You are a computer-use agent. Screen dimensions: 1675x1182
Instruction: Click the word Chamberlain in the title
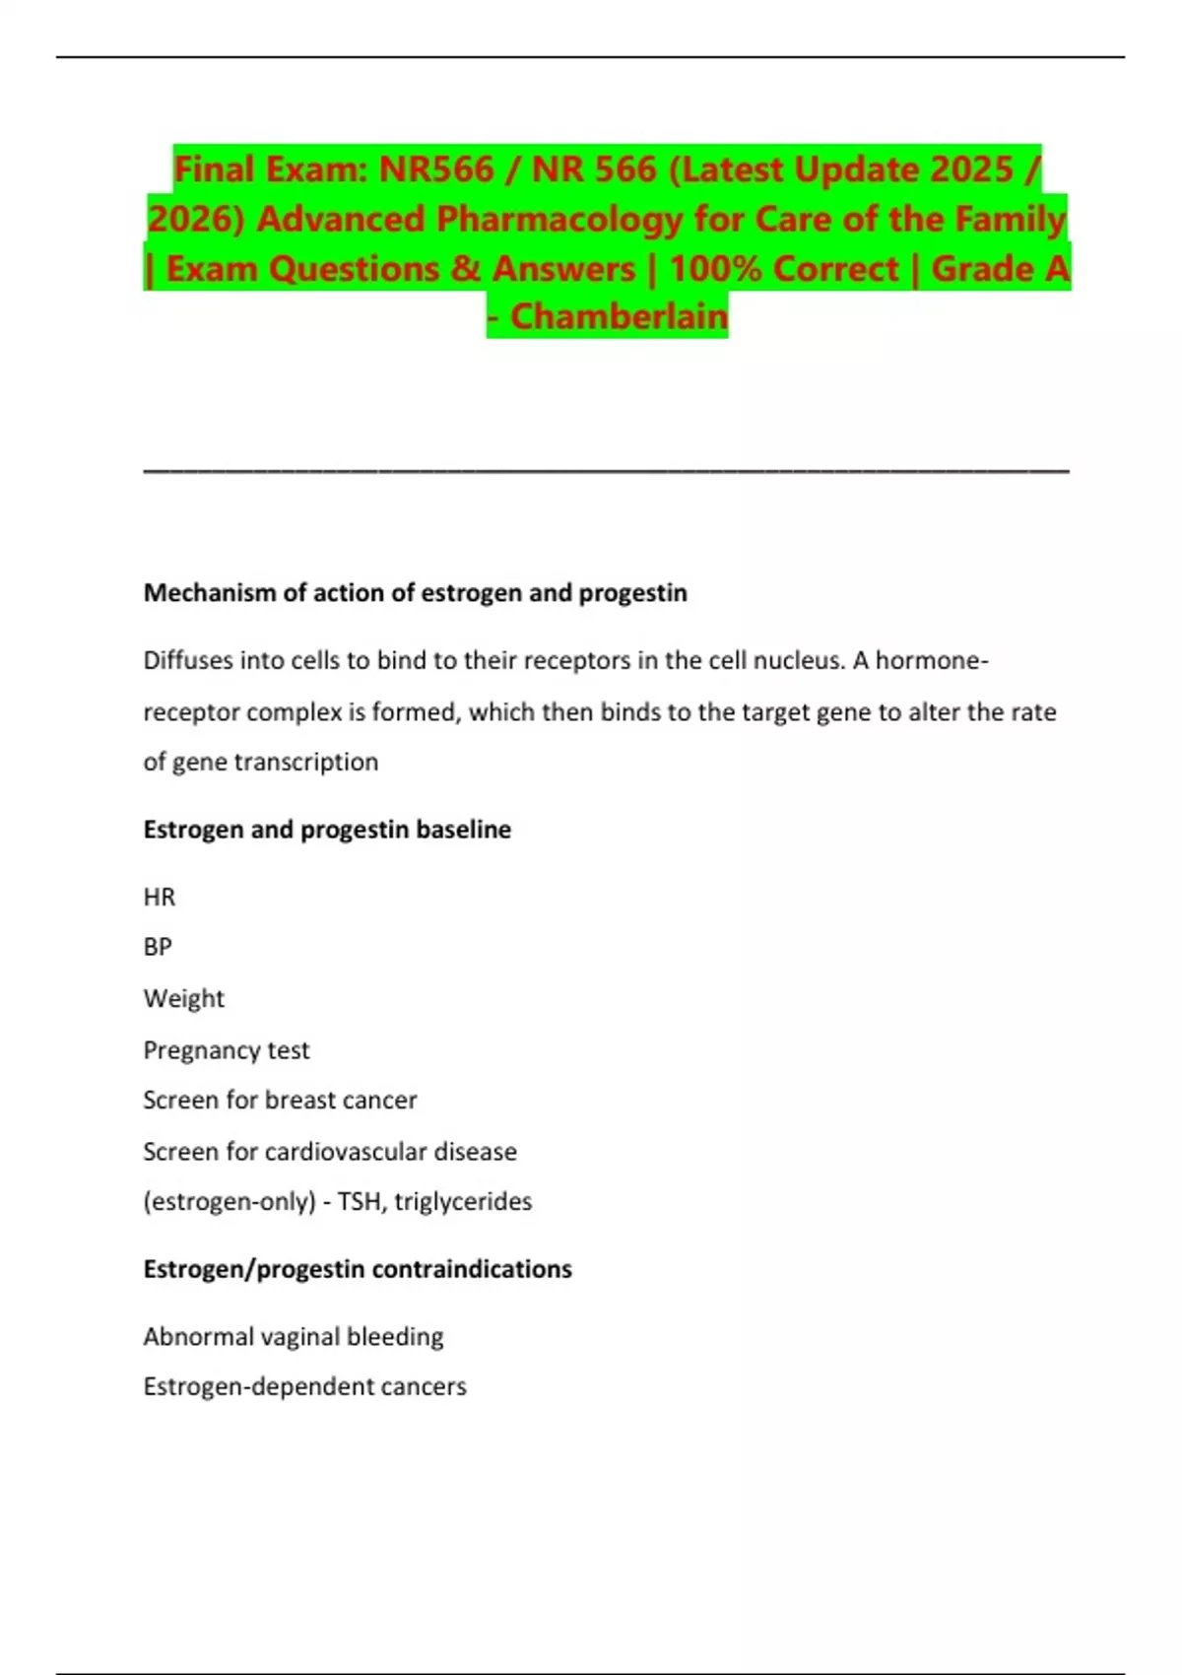[x=619, y=316]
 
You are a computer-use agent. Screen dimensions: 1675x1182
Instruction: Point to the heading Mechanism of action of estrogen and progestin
[x=415, y=593]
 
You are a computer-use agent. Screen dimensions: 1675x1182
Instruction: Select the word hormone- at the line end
[x=931, y=660]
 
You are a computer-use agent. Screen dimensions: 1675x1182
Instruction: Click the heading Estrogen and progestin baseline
[x=327, y=830]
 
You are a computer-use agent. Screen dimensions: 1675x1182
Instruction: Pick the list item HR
[x=160, y=898]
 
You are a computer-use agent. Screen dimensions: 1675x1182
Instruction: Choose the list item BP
[x=158, y=947]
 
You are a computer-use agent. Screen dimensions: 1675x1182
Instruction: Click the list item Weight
[x=184, y=999]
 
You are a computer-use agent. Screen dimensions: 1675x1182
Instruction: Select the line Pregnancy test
[x=227, y=1050]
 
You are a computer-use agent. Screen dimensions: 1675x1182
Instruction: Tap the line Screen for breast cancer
[x=280, y=1100]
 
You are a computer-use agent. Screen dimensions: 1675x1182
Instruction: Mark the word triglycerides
[x=463, y=1202]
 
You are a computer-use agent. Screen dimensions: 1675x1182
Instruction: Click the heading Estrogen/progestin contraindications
[x=358, y=1269]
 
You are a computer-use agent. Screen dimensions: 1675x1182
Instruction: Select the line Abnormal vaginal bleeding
[x=294, y=1337]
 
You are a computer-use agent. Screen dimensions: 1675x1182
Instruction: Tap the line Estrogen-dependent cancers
[x=305, y=1387]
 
